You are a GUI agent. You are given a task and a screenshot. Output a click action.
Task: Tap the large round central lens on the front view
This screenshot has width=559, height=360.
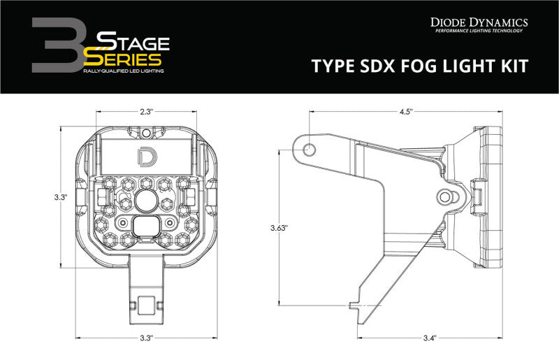(147, 201)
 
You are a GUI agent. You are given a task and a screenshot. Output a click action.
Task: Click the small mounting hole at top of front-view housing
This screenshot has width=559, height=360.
(145, 132)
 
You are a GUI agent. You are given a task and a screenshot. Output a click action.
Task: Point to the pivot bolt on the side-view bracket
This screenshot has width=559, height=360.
(445, 196)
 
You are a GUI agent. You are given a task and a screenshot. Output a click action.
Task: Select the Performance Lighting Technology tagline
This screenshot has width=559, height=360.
(479, 32)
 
